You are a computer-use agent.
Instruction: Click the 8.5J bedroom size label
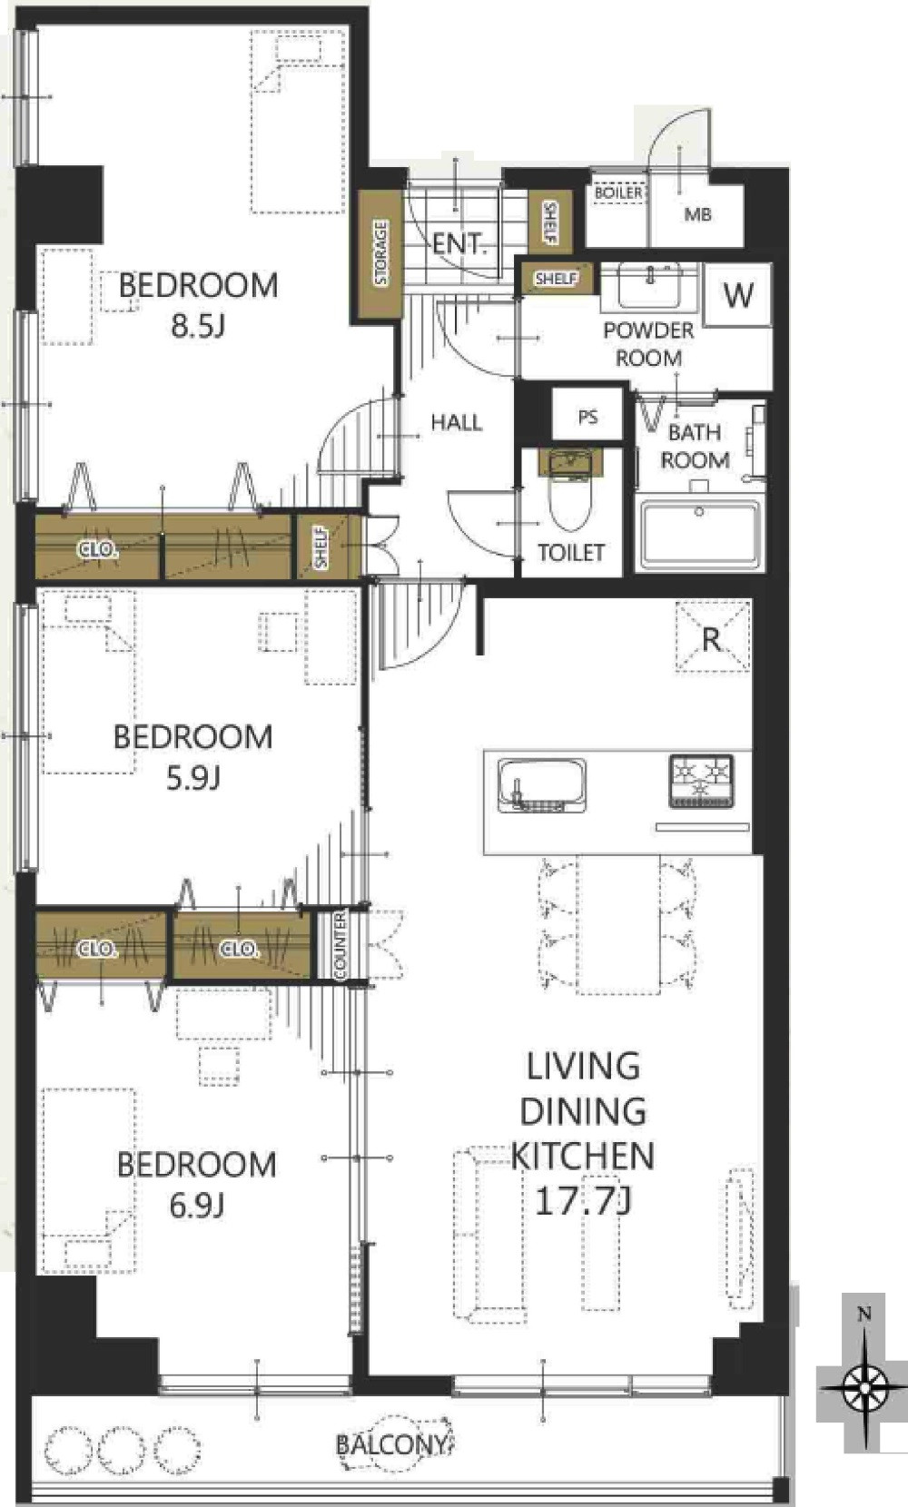coord(197,326)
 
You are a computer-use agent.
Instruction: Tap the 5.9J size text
coord(193,778)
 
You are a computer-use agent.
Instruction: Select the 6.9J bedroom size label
coord(196,1205)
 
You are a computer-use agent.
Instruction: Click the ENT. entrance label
coord(459,243)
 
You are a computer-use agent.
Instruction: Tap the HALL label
coord(457,422)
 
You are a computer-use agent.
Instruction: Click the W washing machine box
coord(737,295)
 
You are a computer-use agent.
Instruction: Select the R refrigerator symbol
coord(713,636)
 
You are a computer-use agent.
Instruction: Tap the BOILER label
coord(618,193)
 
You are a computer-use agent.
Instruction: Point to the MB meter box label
coord(697,214)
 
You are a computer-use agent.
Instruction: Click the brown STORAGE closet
coord(380,254)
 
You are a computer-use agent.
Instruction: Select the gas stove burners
coord(701,781)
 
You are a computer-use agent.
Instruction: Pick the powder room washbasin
coord(650,285)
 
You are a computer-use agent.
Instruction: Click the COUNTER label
coord(340,946)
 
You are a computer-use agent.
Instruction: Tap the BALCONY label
coord(391,1444)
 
